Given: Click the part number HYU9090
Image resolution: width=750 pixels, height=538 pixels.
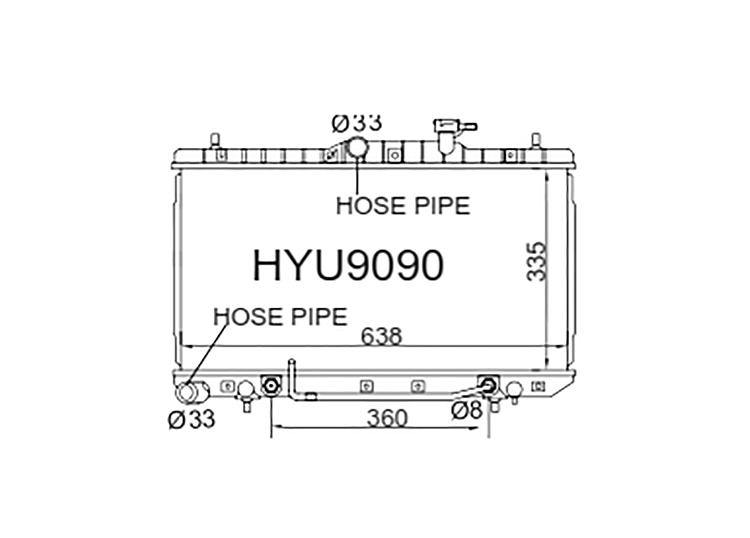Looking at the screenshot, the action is click(x=348, y=266).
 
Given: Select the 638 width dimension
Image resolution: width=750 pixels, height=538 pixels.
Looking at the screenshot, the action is click(x=381, y=336).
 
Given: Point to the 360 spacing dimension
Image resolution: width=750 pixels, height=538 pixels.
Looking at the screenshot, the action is click(x=387, y=418).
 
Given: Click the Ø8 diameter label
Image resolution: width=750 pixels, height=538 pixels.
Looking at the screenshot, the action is click(x=467, y=410).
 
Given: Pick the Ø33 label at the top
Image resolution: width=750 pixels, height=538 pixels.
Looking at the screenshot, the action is click(x=357, y=123).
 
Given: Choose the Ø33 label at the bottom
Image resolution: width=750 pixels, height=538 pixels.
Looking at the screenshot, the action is click(x=191, y=419).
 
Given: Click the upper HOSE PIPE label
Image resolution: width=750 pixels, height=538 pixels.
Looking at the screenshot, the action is click(x=403, y=206).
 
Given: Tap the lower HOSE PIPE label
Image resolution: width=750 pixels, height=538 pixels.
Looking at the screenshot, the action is click(x=280, y=317).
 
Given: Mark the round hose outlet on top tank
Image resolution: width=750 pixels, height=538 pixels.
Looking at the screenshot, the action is click(x=357, y=148).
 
